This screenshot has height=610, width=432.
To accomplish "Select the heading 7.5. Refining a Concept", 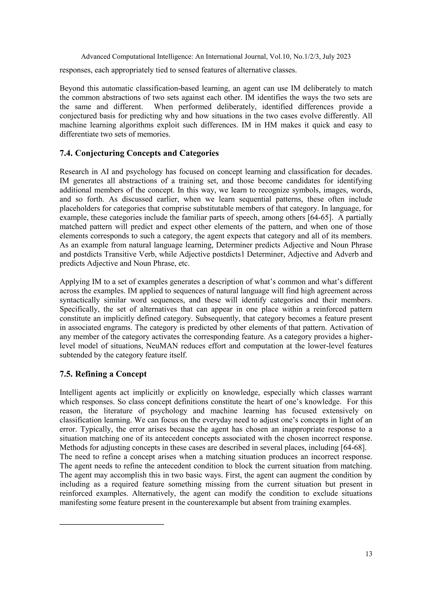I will pos(103,374).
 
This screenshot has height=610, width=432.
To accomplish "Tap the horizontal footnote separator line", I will pos(112,524).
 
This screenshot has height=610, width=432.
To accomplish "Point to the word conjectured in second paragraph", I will pos(77,116).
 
